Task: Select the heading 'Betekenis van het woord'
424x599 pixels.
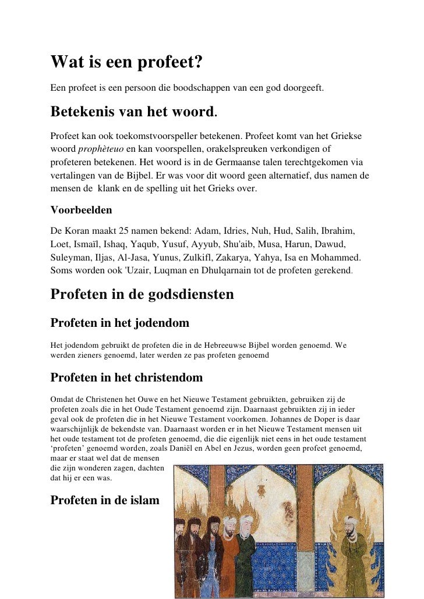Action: pyautogui.click(x=133, y=110)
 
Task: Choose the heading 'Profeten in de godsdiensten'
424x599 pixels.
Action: pyautogui.click(x=142, y=294)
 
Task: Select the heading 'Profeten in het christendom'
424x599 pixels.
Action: pyautogui.click(x=126, y=377)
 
